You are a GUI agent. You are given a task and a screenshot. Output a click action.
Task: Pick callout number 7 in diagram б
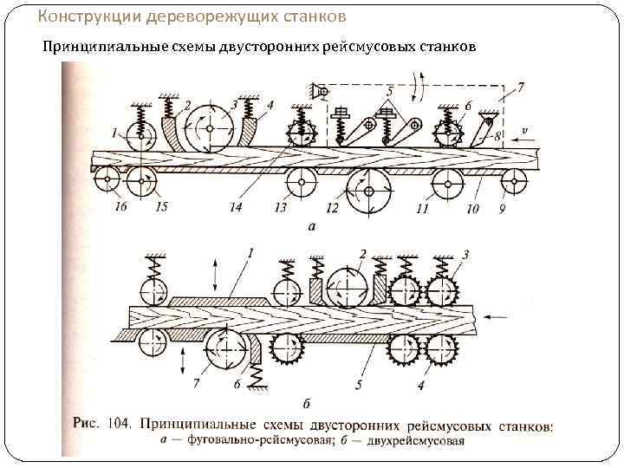coord(198,382)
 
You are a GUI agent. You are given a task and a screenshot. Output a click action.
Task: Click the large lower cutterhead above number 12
coord(370,190)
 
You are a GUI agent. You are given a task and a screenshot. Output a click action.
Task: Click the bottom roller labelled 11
coord(448,182)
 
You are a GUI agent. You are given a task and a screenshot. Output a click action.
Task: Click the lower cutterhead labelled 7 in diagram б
coord(228,352)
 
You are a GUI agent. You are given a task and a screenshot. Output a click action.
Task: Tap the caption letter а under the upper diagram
coord(311,226)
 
